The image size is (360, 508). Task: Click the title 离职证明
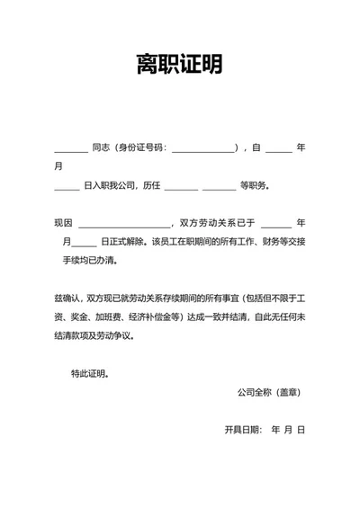tap(180, 65)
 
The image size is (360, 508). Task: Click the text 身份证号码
tap(141, 147)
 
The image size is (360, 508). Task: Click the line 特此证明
tap(90, 373)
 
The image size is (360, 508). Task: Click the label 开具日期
tap(243, 430)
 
